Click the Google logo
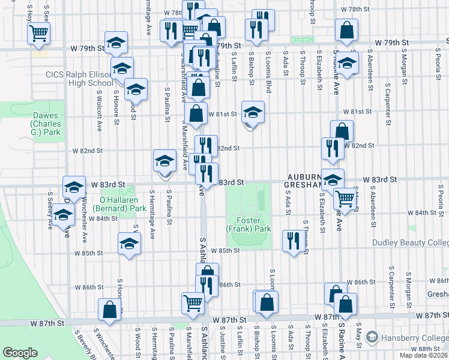(x=20, y=352)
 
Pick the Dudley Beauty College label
(x=411, y=243)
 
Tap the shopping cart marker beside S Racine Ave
(x=345, y=198)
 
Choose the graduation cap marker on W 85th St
(x=128, y=244)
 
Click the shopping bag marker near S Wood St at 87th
(x=110, y=310)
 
